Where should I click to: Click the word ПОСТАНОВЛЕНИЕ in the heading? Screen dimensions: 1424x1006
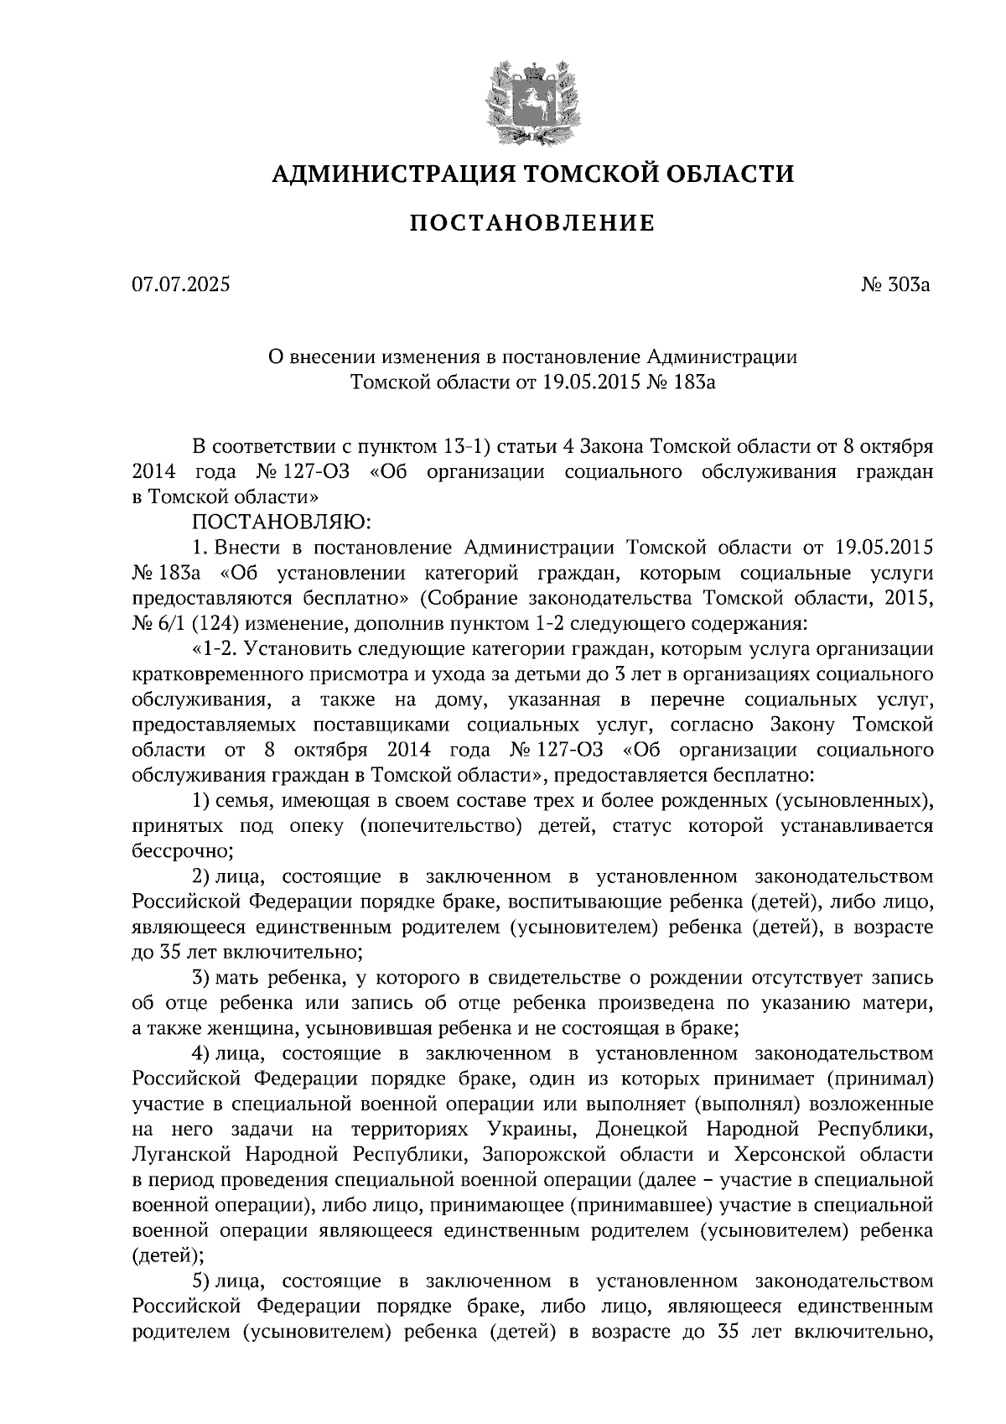(531, 223)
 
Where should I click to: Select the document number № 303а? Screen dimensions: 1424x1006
(896, 285)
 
